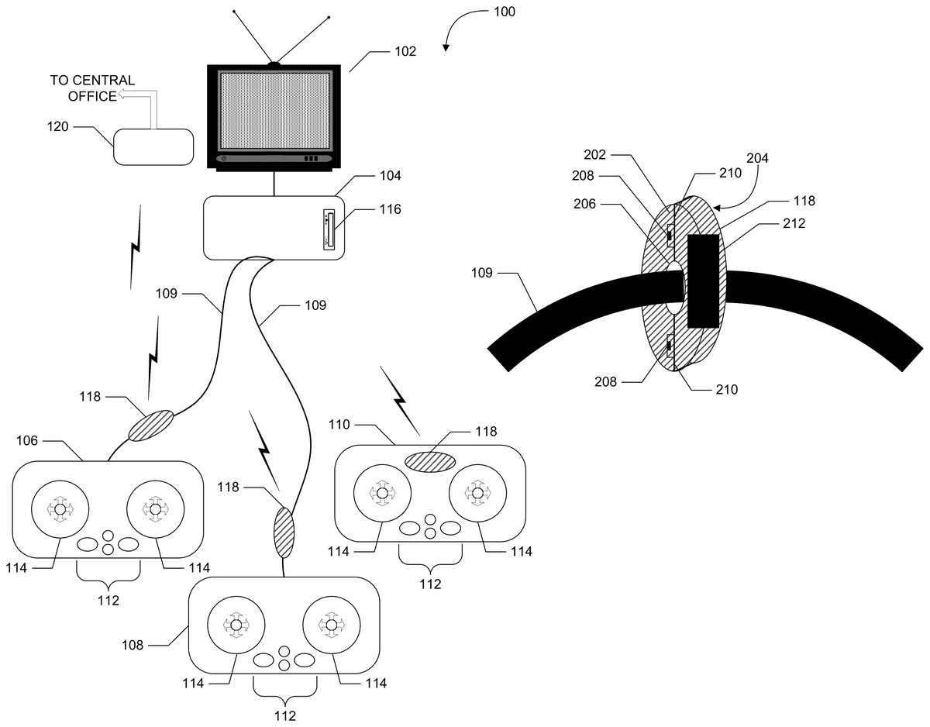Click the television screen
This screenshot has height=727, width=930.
(274, 111)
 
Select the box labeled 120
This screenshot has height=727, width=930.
(153, 146)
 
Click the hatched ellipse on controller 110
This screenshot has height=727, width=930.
(430, 460)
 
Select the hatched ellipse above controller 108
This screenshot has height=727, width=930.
(284, 532)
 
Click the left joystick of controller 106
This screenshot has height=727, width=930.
(59, 508)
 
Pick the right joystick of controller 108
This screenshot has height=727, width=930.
(331, 625)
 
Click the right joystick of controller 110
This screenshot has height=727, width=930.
(477, 493)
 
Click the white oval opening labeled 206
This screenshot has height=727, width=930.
(675, 287)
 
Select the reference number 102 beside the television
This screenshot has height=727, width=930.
(405, 52)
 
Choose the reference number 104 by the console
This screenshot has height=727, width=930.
(390, 176)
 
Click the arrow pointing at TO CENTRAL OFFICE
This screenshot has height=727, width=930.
(136, 96)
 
